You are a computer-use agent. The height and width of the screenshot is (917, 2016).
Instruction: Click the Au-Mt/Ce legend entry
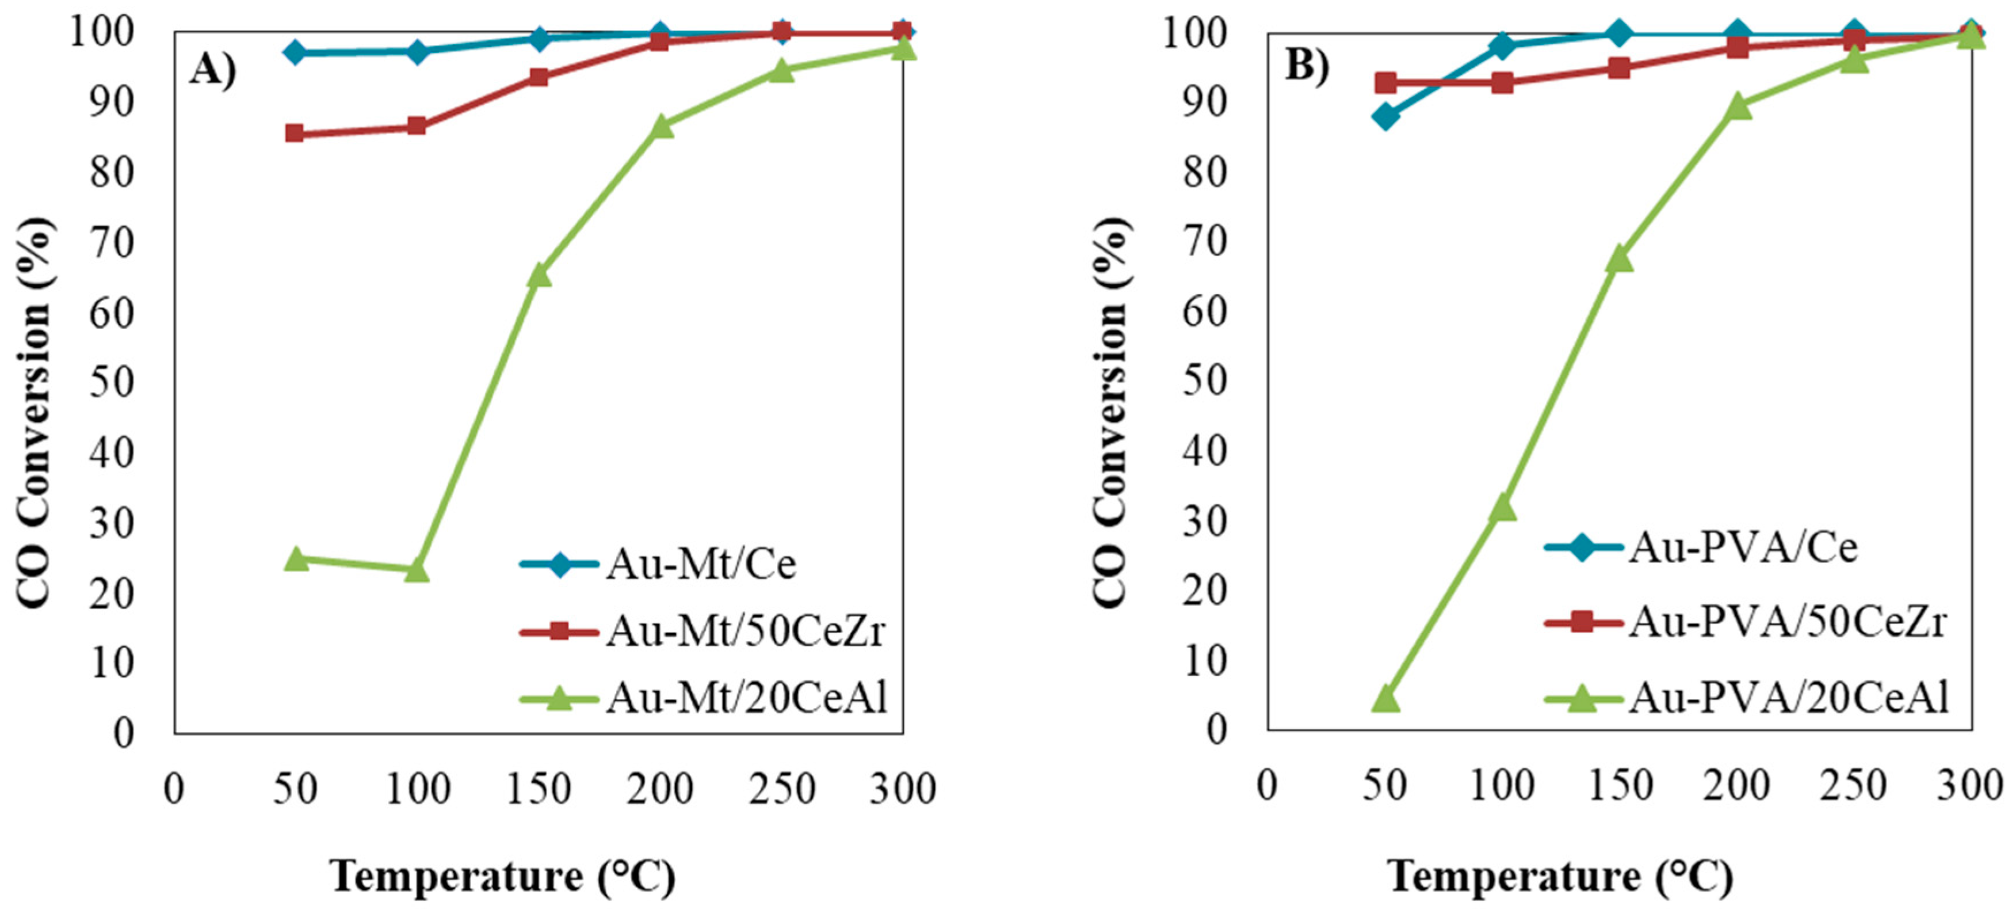coord(700,564)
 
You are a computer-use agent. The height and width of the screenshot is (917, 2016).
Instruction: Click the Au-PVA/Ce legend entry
coord(1743,547)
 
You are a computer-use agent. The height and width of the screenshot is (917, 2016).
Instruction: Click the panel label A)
coord(212,70)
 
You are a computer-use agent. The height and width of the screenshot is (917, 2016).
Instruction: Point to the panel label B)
coord(1307,67)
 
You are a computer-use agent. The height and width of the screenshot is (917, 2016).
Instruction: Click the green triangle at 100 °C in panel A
coord(417,571)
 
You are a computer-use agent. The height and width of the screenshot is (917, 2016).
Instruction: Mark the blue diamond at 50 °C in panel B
coord(1385,117)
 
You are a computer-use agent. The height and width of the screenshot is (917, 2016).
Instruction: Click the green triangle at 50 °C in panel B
coord(1385,698)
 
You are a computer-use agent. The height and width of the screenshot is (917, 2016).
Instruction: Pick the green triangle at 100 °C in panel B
coord(1503,508)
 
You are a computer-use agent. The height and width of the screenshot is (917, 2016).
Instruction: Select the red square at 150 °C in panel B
coord(1619,68)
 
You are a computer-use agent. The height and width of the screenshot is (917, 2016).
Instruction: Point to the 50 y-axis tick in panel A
coord(111,383)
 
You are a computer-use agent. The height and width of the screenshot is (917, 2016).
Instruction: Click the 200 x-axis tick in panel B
coord(1736,785)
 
